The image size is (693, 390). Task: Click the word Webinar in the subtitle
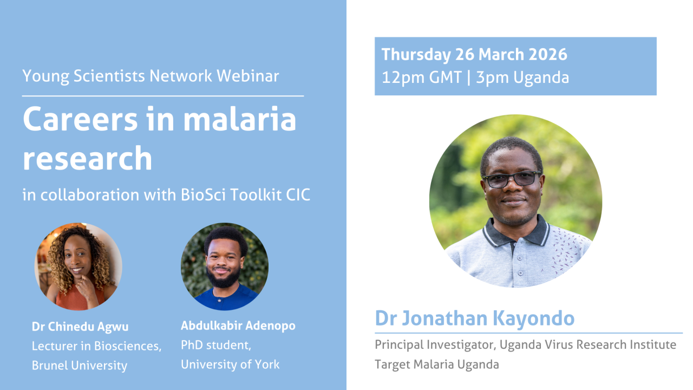coord(248,76)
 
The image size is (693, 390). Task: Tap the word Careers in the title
coord(81,119)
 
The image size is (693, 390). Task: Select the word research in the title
coord(88,159)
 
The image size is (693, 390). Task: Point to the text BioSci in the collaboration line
coord(203,194)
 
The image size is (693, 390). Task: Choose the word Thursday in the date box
coord(416,55)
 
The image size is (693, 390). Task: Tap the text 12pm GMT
coord(422,77)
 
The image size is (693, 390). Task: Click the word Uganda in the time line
coord(541,78)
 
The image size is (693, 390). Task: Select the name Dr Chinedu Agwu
coord(80,327)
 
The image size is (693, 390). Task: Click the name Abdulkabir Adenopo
coord(238,326)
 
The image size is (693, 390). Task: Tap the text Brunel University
coord(80,366)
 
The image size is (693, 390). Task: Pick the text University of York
coord(230,365)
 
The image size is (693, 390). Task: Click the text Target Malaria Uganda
coord(437,365)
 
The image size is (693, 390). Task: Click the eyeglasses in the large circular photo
coord(512,179)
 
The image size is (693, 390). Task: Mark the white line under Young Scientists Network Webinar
coord(163,96)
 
